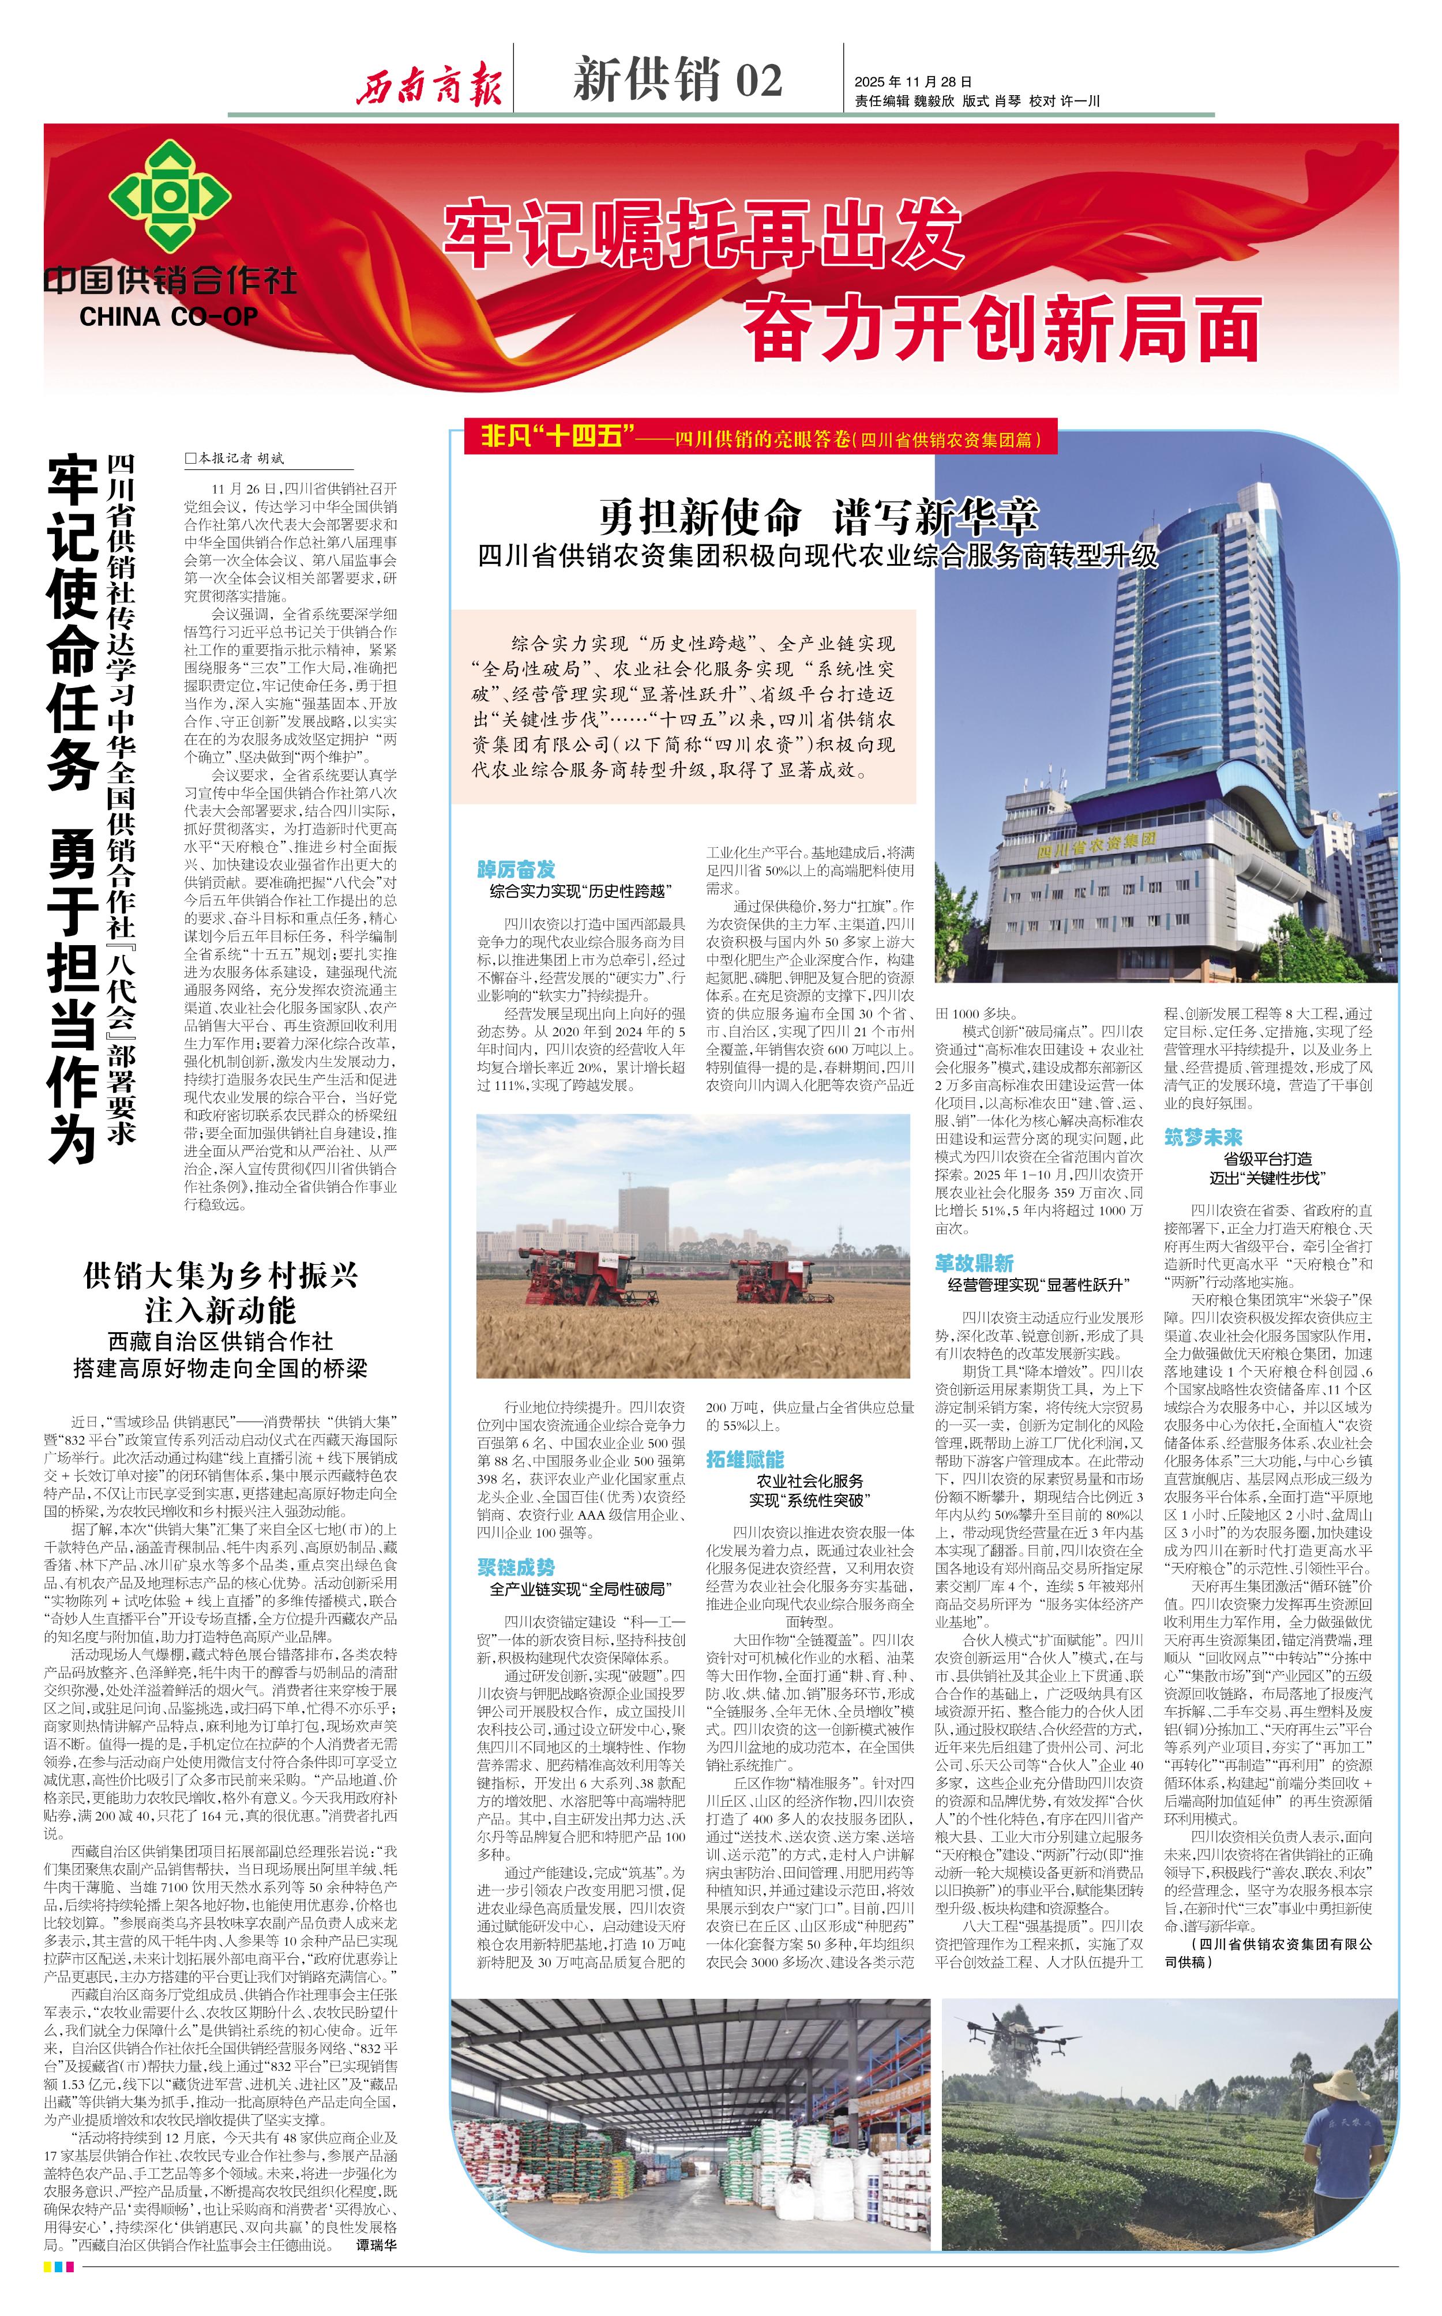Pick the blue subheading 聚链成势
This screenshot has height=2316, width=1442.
tap(516, 1566)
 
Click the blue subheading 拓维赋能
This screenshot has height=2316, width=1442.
tap(745, 1459)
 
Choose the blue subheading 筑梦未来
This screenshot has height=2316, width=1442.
tap(1203, 1137)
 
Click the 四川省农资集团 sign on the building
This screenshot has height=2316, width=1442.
tap(1096, 844)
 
